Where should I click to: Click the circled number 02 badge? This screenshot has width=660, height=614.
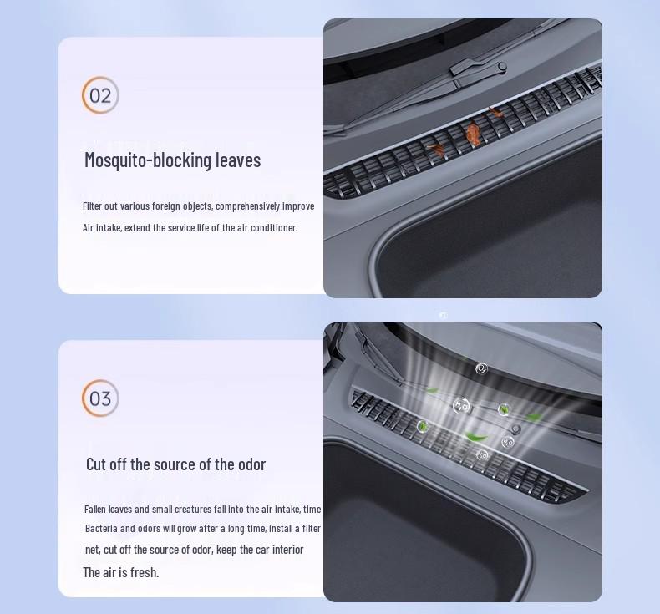(100, 95)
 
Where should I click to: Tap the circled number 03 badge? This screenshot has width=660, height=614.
(100, 398)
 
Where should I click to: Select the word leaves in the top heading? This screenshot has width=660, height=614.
(238, 160)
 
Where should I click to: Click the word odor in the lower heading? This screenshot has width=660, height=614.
(250, 464)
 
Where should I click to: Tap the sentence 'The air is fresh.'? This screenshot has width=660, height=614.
(120, 572)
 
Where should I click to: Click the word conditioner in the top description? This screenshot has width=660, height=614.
(272, 228)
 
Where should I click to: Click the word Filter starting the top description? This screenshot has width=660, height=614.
(94, 206)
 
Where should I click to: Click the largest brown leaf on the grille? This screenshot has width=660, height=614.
(474, 132)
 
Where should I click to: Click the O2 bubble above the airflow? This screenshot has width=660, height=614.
(481, 368)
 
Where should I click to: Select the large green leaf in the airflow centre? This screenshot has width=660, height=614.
(475, 436)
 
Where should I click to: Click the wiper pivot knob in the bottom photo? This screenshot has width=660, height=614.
(516, 429)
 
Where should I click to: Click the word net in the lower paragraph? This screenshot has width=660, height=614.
(92, 550)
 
